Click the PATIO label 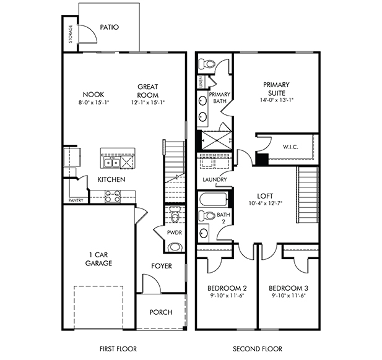pyautogui.click(x=110, y=27)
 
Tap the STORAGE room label pyautogui.click(x=71, y=34)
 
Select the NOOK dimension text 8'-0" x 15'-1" pyautogui.click(x=93, y=103)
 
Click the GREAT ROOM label pyautogui.click(x=147, y=91)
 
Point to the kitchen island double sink pyautogui.click(x=112, y=162)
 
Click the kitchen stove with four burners pyautogui.click(x=113, y=196)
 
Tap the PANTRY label pyautogui.click(x=76, y=200)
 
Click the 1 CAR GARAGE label pyautogui.click(x=98, y=259)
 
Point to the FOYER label pyautogui.click(x=162, y=266)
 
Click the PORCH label pyautogui.click(x=161, y=312)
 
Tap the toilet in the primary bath pyautogui.click(x=206, y=64)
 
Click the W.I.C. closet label pyautogui.click(x=290, y=147)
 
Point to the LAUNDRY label pyautogui.click(x=215, y=179)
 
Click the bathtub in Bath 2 pyautogui.click(x=214, y=199)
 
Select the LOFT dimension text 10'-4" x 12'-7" pyautogui.click(x=266, y=203)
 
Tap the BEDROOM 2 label pyautogui.click(x=227, y=288)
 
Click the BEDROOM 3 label pyautogui.click(x=289, y=288)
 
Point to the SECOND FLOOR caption pyautogui.click(x=258, y=349)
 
